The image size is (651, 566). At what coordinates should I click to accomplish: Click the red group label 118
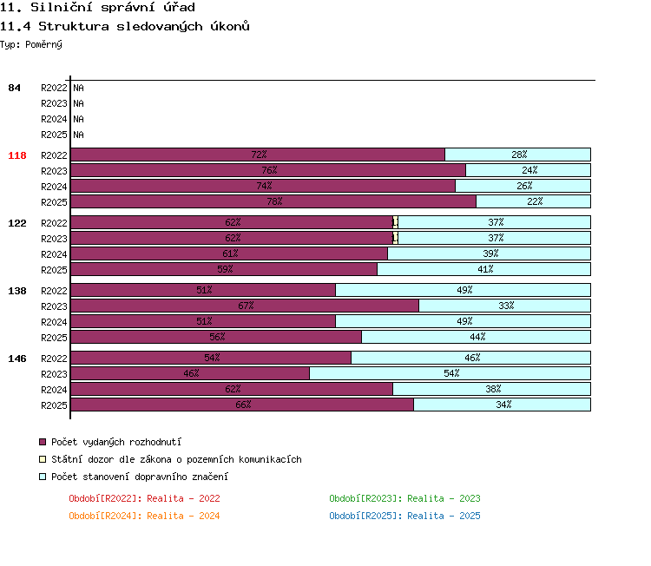click(17, 155)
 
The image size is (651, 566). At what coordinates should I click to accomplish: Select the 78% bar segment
click(273, 201)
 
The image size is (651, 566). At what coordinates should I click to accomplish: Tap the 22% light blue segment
click(533, 201)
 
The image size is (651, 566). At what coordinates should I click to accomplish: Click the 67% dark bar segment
click(245, 306)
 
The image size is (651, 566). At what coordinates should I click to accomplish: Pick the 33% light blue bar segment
click(504, 306)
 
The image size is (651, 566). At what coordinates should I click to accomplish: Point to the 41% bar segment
click(483, 269)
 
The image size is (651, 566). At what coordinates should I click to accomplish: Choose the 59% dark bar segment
click(224, 269)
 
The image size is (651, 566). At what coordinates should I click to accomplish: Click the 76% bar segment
click(268, 170)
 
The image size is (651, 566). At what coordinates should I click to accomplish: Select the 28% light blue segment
click(517, 155)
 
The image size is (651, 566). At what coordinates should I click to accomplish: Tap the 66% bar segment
click(242, 405)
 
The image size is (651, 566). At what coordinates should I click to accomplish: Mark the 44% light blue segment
click(476, 337)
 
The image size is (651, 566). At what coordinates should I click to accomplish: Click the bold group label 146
click(17, 359)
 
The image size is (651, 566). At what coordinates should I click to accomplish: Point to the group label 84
click(14, 88)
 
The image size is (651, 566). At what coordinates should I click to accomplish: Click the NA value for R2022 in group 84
click(78, 88)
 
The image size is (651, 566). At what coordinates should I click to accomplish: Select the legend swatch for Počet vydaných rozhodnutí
click(43, 442)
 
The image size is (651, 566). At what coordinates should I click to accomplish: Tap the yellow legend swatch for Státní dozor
click(43, 459)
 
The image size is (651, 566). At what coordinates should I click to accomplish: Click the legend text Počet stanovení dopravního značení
click(140, 477)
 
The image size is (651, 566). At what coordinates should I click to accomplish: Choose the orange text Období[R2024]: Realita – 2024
click(144, 516)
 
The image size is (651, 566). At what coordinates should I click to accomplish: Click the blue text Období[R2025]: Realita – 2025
click(404, 516)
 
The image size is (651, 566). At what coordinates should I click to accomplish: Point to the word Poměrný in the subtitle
click(43, 44)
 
